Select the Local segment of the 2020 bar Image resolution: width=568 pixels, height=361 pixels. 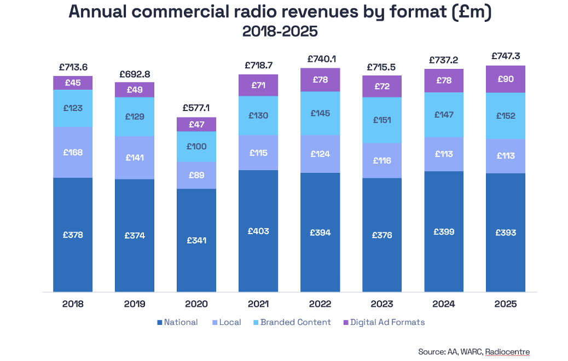pos(196,175)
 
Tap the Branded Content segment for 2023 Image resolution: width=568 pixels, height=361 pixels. pos(382,120)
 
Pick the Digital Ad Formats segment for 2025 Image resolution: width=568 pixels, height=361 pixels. pos(506,79)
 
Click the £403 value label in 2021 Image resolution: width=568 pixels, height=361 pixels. pos(258,231)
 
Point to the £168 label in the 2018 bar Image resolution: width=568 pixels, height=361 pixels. pos(73,152)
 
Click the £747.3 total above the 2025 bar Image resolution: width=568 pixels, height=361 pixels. pos(506,56)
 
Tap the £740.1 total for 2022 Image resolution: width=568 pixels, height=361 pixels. pos(320,59)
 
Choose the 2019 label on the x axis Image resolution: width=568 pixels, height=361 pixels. pos(135,304)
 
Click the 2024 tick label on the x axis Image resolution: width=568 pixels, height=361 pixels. pos(444,304)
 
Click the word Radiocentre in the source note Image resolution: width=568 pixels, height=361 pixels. pos(507,351)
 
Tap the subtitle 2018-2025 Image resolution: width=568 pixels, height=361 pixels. pos(280,32)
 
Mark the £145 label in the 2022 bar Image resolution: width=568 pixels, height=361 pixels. pos(320,113)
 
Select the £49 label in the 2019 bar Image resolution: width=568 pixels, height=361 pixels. pos(135,90)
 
